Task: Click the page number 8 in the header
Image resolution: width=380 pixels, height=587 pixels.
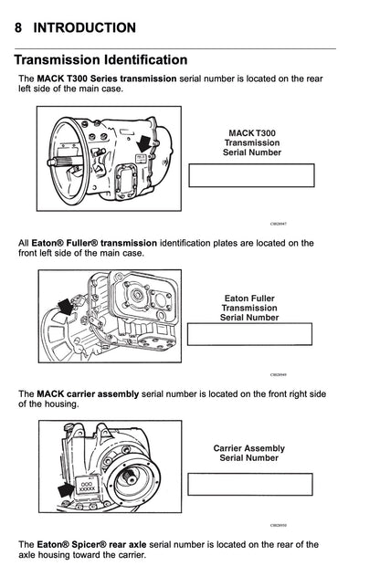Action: pyautogui.click(x=19, y=28)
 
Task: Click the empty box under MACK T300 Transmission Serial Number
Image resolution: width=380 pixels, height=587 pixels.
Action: pyautogui.click(x=251, y=175)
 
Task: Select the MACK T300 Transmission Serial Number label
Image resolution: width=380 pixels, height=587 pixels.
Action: pyautogui.click(x=252, y=142)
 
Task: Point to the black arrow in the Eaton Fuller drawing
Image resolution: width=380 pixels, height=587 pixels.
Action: pyautogui.click(x=64, y=308)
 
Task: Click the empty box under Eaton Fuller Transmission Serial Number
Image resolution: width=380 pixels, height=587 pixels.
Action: pyautogui.click(x=249, y=334)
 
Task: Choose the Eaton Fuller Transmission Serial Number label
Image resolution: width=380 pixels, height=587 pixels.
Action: pyautogui.click(x=249, y=308)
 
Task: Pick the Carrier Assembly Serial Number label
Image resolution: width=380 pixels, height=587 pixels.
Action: pyautogui.click(x=249, y=453)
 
